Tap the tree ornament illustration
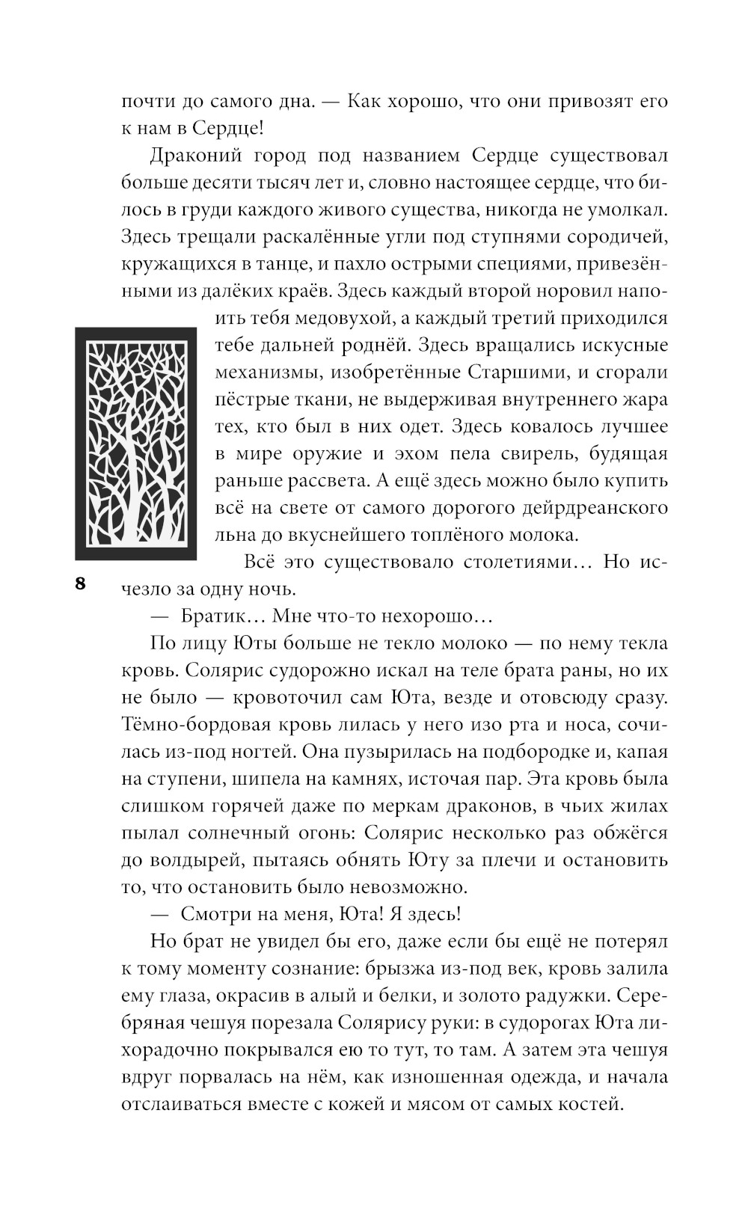pyautogui.click(x=135, y=443)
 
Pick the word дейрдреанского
pyautogui.click(x=592, y=508)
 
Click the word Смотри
pyautogui.click(x=212, y=914)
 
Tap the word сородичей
pyautogui.click(x=611, y=237)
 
